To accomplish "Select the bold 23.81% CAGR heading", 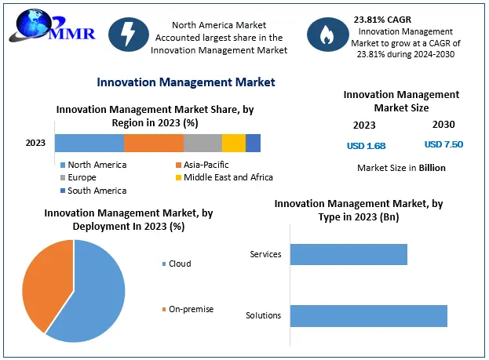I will click(x=382, y=18).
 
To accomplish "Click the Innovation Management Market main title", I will click(x=185, y=82).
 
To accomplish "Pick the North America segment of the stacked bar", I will click(x=89, y=143).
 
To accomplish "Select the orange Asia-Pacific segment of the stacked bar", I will click(x=154, y=143).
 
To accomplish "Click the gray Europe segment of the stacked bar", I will click(x=203, y=143).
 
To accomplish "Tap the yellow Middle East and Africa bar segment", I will click(x=234, y=143).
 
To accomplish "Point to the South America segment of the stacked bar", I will click(x=253, y=143).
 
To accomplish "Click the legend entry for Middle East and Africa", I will click(x=224, y=177).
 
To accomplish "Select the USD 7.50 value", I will click(x=443, y=144).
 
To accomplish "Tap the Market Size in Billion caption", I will click(x=401, y=168).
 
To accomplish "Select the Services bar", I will click(x=349, y=254).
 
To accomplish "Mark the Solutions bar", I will click(x=368, y=315).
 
